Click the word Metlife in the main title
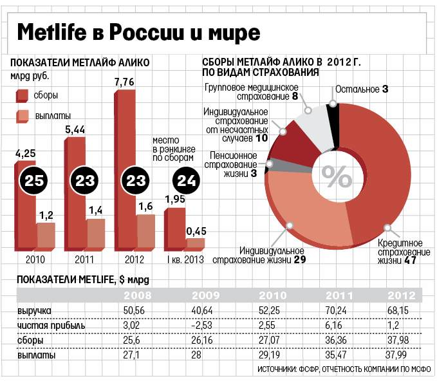tap(50, 32)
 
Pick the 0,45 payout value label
tap(196, 230)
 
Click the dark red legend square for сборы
tap(22, 96)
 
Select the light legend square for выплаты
tap(22, 116)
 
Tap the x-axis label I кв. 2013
tap(185, 260)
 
